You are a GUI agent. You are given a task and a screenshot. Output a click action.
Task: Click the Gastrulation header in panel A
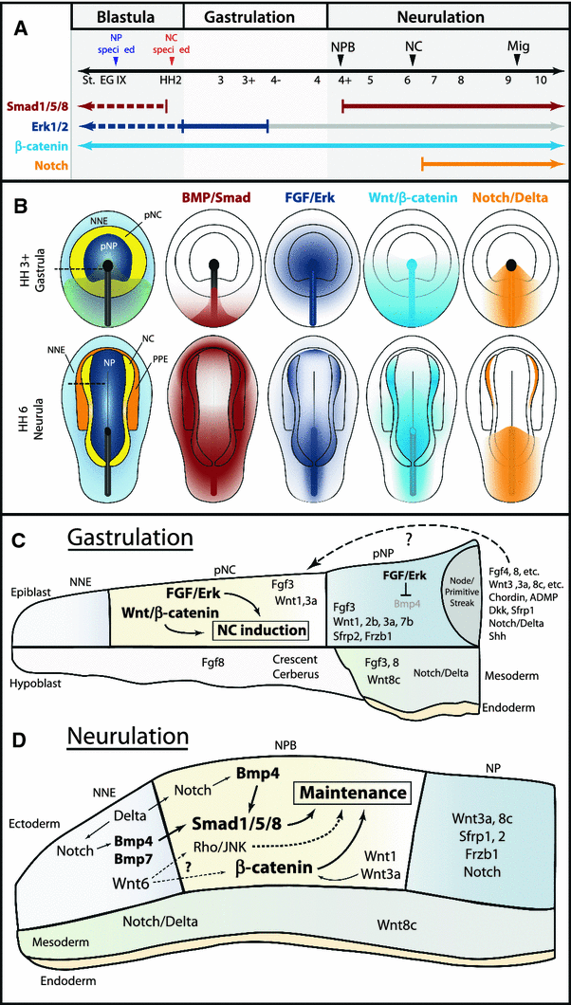pyautogui.click(x=254, y=17)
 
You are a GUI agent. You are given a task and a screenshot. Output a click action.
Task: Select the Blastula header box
pyautogui.click(x=125, y=17)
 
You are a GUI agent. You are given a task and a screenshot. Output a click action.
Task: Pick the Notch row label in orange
pyautogui.click(x=37, y=163)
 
